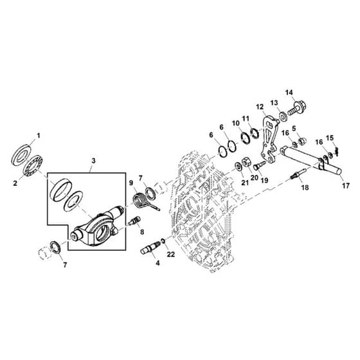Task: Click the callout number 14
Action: [289, 93]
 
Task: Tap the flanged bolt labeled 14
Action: [297, 109]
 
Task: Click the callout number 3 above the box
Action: [93, 161]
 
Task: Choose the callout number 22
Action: [171, 255]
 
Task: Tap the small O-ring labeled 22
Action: [163, 241]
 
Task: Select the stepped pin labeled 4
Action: [150, 248]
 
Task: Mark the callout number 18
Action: [305, 188]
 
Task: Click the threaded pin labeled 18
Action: [298, 174]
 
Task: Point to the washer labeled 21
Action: [238, 166]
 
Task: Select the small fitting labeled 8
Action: [135, 221]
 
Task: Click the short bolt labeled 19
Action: [260, 165]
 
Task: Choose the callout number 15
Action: [330, 138]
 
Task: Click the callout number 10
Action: [235, 123]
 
